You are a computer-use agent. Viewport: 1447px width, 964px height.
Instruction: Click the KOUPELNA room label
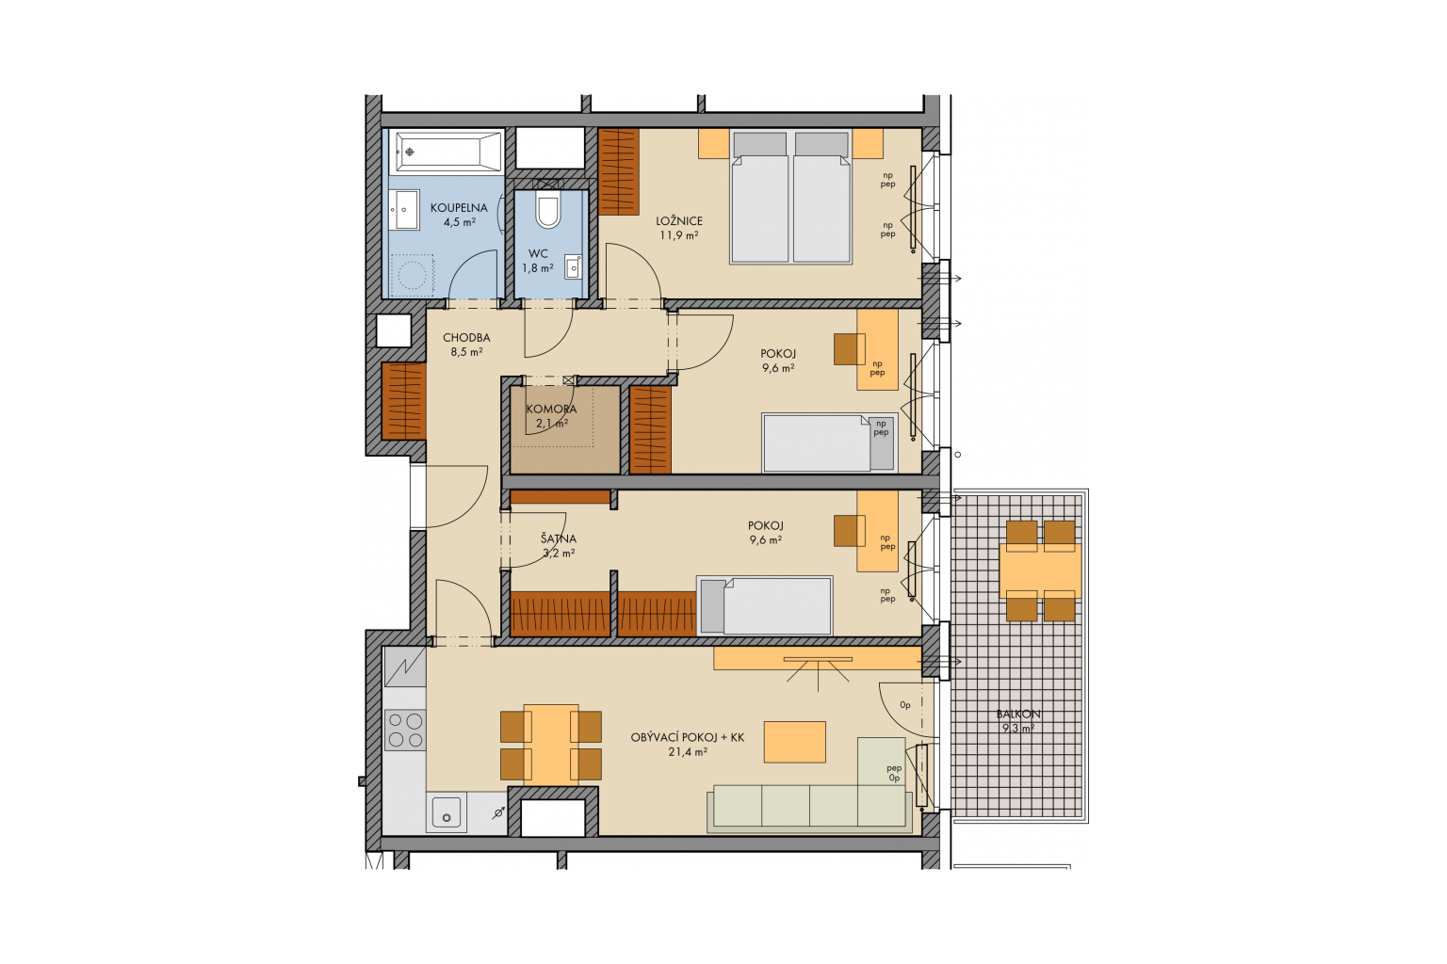point(459,208)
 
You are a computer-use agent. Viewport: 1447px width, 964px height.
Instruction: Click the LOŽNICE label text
point(679,221)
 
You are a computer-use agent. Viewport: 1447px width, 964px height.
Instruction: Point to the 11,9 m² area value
point(679,235)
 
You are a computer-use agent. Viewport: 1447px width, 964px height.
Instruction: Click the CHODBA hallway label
point(466,338)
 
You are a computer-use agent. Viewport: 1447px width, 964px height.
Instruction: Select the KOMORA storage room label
point(551,410)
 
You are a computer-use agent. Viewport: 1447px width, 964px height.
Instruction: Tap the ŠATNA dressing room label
point(559,539)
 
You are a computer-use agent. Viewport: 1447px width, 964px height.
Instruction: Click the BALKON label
point(1018,715)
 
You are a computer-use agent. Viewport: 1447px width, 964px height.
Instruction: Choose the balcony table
point(1040,570)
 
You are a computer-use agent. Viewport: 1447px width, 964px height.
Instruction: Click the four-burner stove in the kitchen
point(405,731)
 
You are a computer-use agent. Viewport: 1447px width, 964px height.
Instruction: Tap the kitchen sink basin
point(447,811)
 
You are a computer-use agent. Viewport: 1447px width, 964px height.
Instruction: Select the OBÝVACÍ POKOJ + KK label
point(688,737)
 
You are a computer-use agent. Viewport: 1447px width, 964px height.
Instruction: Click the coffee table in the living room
point(794,742)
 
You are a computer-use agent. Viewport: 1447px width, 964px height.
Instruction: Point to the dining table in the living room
point(551,745)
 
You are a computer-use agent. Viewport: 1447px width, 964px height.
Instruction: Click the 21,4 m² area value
point(688,752)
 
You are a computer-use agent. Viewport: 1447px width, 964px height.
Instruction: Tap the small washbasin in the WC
point(574,266)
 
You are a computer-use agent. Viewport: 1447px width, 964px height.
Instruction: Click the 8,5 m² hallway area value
point(466,352)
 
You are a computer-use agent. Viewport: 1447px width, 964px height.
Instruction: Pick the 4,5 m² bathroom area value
point(460,223)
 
